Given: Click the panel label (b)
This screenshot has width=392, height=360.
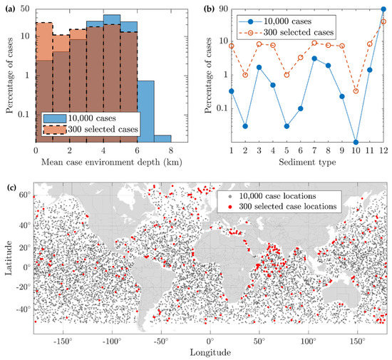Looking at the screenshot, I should (x=201, y=9).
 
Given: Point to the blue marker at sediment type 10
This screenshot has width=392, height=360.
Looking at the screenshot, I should (x=356, y=142).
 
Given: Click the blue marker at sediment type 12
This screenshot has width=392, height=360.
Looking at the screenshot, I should (x=383, y=9).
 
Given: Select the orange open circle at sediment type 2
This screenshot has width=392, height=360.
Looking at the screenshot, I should (x=245, y=75).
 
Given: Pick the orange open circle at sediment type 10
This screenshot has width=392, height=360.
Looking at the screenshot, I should (x=356, y=91).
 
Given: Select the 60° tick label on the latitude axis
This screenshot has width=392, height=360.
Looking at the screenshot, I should (x=23, y=194).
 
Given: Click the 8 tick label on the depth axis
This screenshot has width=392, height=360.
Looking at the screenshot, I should (x=170, y=152).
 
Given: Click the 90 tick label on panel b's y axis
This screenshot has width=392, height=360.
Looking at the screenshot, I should (x=222, y=9).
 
